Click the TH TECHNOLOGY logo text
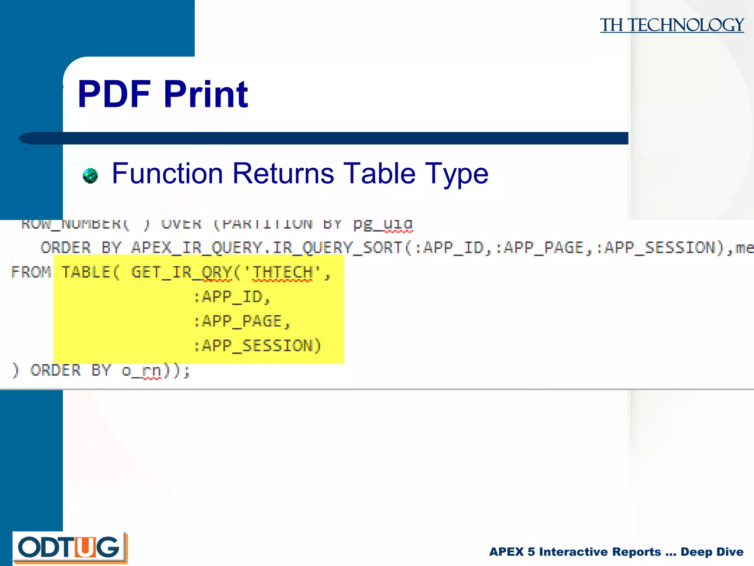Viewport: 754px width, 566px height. pos(672,25)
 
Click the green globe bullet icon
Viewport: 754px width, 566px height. pos(90,175)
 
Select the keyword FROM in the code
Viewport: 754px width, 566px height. pos(31,272)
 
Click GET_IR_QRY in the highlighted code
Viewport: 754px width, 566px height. pos(181,273)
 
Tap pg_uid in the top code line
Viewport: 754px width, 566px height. pos(383,224)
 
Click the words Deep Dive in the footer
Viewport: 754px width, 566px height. pos(712,552)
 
